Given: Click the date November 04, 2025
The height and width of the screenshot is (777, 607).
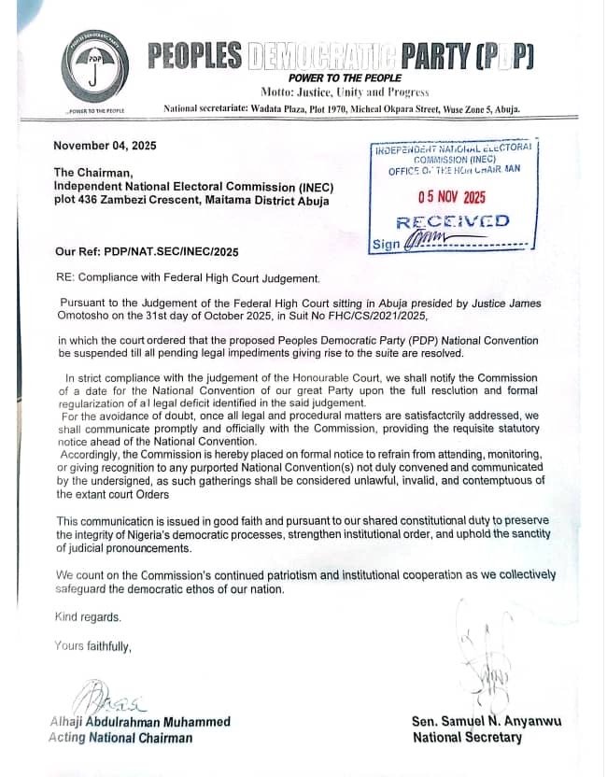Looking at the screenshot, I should [x=106, y=145].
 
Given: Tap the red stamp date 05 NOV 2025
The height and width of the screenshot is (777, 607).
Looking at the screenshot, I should [x=451, y=196].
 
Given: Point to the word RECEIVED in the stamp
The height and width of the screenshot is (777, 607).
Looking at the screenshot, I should [x=453, y=221].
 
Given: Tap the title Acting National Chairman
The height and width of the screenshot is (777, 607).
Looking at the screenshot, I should [x=120, y=738].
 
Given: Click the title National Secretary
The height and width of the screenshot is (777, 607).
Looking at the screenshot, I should [x=467, y=738].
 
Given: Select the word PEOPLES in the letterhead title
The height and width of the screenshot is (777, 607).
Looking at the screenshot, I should [x=195, y=55].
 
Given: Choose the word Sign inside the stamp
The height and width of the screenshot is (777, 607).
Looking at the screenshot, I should [x=385, y=244].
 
